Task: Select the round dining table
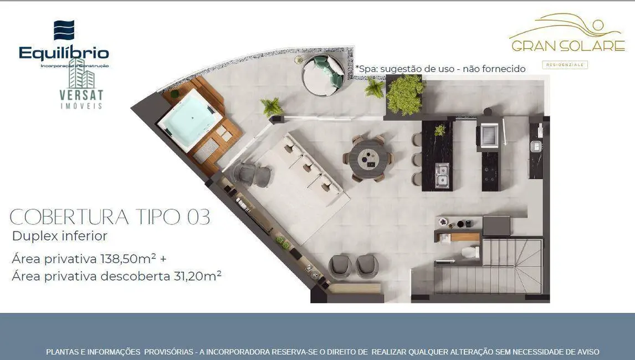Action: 368,158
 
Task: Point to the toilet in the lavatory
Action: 470,253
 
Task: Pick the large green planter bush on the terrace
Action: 405,95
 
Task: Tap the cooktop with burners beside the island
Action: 489,171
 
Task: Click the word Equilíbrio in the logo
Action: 64,53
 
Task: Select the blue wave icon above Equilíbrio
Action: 64,30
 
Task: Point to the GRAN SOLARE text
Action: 567,47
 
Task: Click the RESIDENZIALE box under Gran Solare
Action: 565,65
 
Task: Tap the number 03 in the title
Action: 198,218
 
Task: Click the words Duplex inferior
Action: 59,236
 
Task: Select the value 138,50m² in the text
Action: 128,259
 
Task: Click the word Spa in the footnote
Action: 367,69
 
